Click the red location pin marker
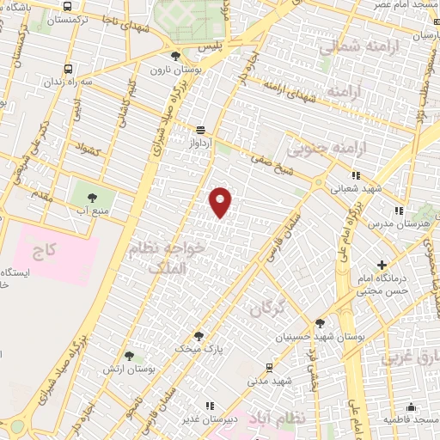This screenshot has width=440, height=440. coord(221,201)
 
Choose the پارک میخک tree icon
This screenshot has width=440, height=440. coord(199,336)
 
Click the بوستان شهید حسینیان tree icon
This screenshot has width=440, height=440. coord(321,324)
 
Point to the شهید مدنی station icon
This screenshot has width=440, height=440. coord(269,367)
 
